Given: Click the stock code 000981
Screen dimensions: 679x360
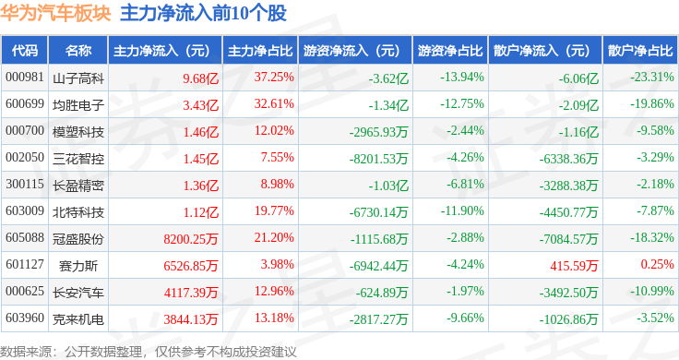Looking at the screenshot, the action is coord(25,78).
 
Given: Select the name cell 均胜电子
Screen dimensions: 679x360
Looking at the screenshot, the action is coord(78,104).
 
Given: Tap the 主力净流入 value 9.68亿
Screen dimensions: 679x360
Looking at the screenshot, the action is coord(200,78).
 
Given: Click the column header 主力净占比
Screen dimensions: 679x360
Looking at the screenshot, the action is coord(260,51).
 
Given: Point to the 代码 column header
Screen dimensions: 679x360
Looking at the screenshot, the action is coord(25,51).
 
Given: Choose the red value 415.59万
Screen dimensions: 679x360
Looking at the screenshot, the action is coord(574,265).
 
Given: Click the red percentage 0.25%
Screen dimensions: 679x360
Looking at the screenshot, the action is coord(658,264).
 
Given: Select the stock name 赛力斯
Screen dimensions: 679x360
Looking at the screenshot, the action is coord(78,265).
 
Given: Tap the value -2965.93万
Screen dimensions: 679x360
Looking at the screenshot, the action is coord(378,131).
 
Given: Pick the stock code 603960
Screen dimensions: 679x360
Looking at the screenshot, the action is coord(25,318).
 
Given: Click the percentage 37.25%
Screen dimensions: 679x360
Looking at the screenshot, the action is coord(274,78).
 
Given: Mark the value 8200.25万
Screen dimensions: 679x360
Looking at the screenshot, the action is coord(191,238).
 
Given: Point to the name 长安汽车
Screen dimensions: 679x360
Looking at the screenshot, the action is coord(78,292).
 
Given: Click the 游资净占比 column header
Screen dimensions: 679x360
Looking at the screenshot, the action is coord(450,51).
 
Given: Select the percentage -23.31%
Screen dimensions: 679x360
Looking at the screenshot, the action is coord(652,78).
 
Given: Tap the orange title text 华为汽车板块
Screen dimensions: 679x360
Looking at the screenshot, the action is coord(55,14).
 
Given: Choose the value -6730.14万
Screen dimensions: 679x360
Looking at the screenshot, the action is coord(378,211).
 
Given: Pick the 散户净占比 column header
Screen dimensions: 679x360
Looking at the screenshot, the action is coord(640,51).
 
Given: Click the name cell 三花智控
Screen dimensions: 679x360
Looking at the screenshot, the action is coord(78,158).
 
